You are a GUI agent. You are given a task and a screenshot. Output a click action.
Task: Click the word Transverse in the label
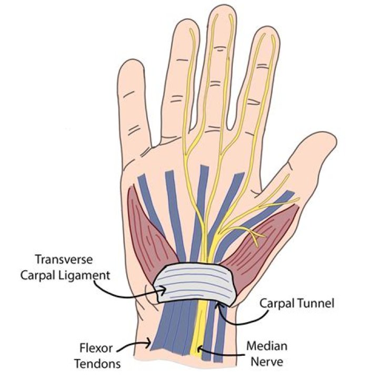click(64, 260)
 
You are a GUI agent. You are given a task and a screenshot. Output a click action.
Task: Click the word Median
click(267, 346)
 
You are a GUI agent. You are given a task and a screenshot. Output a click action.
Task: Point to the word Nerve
click(267, 362)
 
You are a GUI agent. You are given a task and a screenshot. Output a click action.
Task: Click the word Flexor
click(96, 348)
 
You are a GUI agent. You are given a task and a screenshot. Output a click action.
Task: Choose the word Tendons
click(97, 364)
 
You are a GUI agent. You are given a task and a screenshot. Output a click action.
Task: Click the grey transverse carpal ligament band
click(195, 284)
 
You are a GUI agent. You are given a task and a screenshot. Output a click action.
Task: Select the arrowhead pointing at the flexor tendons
click(148, 343)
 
